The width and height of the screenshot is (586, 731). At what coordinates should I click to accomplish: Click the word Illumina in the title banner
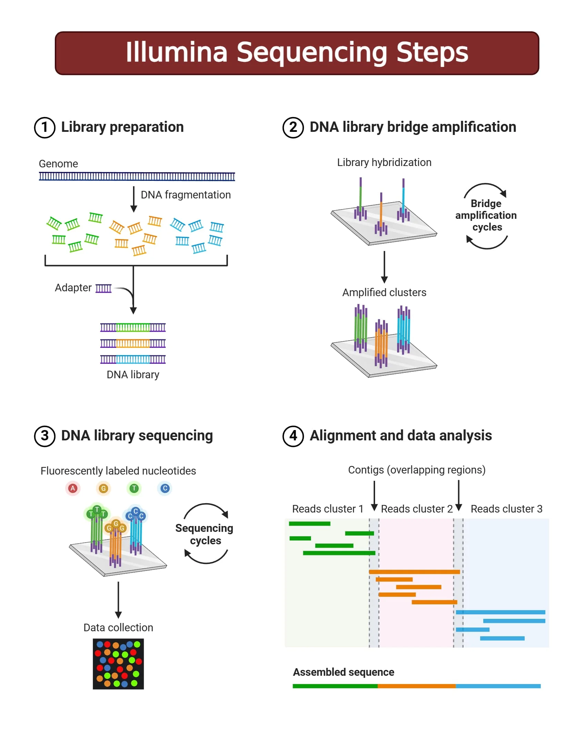click(x=176, y=52)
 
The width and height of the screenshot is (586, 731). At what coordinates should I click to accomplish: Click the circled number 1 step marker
click(x=44, y=127)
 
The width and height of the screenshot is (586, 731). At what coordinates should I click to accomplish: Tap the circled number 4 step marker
click(x=293, y=436)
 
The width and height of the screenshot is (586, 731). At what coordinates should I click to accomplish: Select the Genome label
click(x=58, y=164)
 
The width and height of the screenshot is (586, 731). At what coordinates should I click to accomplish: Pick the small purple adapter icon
click(x=103, y=288)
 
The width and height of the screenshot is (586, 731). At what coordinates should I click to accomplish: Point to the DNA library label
click(x=133, y=374)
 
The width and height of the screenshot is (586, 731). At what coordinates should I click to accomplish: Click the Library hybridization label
click(x=384, y=162)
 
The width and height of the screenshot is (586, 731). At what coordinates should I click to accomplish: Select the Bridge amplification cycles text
click(x=486, y=215)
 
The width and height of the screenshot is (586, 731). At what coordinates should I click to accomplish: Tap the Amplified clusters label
click(x=384, y=292)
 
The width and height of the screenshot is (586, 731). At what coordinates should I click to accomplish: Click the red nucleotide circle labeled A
click(x=72, y=488)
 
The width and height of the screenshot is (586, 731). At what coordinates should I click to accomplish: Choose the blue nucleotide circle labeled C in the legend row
click(x=165, y=488)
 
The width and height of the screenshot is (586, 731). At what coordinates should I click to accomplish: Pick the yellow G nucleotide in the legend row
click(x=103, y=488)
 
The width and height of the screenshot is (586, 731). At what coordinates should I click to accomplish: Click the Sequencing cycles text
click(x=204, y=534)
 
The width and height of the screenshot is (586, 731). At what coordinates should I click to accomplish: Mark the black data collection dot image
click(x=118, y=664)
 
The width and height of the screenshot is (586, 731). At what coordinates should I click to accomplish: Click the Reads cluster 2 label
click(x=416, y=509)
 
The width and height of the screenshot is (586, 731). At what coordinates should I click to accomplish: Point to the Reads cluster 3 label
click(x=506, y=509)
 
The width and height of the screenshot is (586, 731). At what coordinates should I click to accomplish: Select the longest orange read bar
click(x=414, y=572)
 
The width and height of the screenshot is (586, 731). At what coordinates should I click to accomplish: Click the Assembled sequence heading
click(x=343, y=672)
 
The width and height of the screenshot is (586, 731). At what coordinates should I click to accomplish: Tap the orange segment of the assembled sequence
click(x=416, y=686)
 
